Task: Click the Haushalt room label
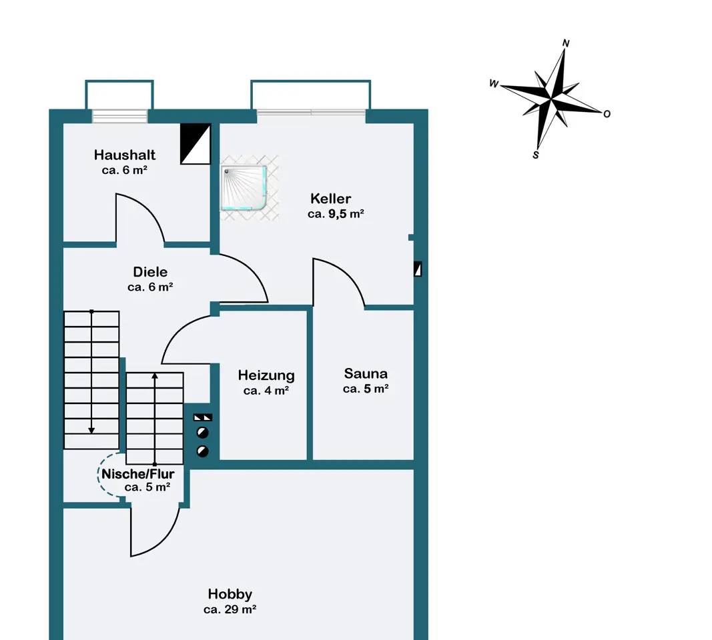tap(124, 155)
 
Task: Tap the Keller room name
tap(330, 199)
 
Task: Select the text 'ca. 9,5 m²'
tap(336, 213)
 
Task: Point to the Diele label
tap(150, 272)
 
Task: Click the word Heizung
tap(266, 375)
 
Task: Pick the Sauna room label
tap(366, 374)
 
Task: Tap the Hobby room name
tap(230, 594)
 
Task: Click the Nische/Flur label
tap(137, 474)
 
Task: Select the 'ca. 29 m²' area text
tap(230, 609)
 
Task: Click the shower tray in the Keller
tap(244, 188)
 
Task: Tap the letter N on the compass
tap(566, 43)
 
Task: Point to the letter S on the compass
tap(536, 155)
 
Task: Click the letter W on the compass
tap(494, 83)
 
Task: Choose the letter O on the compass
tap(607, 114)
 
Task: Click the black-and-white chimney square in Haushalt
tap(196, 144)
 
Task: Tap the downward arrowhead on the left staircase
tap(91, 431)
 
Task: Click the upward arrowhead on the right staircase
tap(155, 376)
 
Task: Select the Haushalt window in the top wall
tap(120, 116)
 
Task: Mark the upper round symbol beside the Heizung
tap(202, 433)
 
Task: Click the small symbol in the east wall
tap(418, 269)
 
